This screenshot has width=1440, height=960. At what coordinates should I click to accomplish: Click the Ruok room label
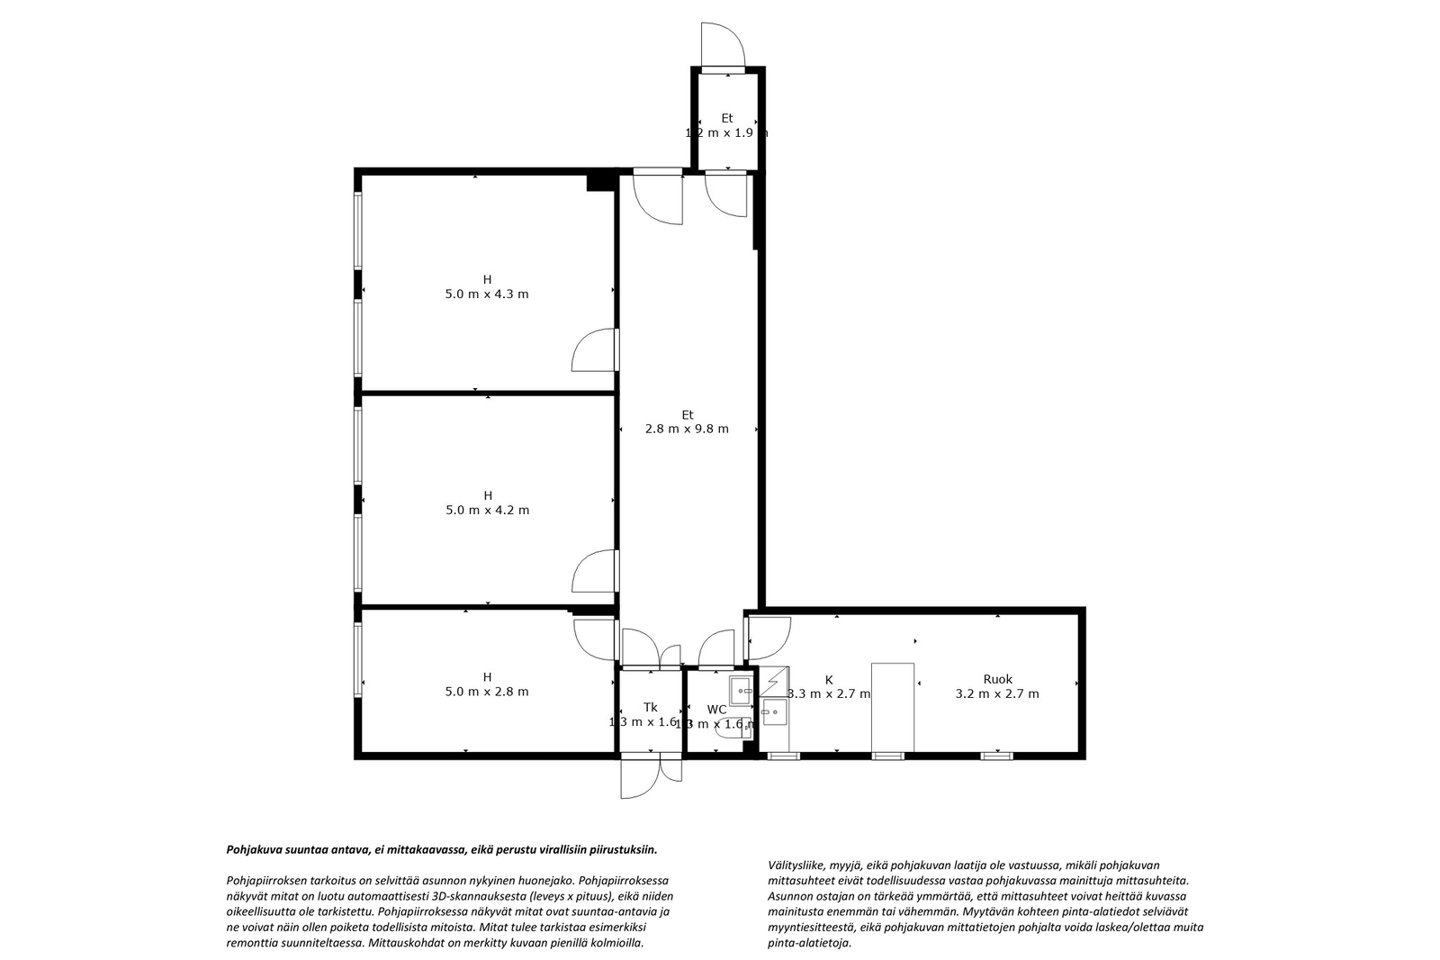997,680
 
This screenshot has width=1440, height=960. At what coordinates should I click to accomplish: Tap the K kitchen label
829,680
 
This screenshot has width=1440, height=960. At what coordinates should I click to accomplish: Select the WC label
716,710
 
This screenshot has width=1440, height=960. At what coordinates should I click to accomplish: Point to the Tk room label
650,708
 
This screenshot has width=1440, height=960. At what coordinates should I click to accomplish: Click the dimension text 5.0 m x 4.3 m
487,294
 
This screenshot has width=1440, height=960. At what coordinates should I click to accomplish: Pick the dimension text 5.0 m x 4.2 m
487,511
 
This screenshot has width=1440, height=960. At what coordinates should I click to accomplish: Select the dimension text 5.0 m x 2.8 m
487,693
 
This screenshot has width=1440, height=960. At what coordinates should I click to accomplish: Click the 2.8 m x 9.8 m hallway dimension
687,430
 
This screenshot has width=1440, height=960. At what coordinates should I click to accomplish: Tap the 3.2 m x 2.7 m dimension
997,694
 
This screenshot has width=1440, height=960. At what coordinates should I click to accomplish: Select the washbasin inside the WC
740,691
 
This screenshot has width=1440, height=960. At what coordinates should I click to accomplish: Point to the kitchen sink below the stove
772,714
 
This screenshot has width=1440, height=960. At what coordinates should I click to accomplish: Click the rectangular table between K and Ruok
893,708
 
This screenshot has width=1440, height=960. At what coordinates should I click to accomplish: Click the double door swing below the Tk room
651,776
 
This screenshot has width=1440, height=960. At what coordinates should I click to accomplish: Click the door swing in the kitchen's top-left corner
768,636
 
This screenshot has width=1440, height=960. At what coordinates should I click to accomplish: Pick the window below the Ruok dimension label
996,756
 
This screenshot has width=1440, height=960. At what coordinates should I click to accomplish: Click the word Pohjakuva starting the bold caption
253,849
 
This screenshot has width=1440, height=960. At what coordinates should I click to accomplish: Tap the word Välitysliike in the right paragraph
796,863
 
